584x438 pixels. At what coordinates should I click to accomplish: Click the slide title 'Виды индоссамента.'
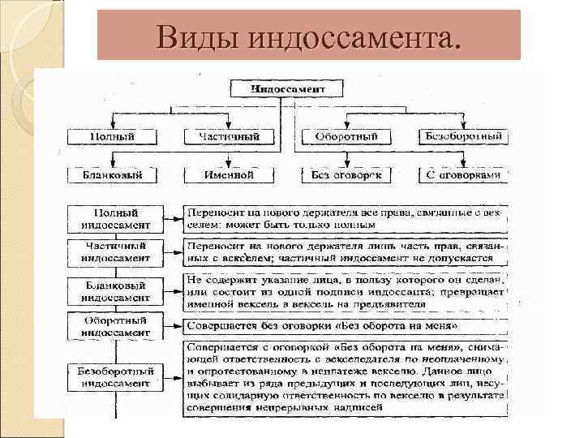point(308,36)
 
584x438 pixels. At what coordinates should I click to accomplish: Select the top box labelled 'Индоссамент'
point(288,88)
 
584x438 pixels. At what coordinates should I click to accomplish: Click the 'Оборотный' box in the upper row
point(346,136)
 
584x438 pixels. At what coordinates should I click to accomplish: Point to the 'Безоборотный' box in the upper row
point(463,136)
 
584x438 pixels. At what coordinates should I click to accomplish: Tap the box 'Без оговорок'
point(346,174)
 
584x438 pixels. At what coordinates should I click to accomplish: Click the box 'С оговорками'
point(463,174)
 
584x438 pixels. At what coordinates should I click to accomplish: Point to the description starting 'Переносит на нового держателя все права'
point(345,218)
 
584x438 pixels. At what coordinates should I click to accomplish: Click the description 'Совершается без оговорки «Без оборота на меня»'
point(345,326)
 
